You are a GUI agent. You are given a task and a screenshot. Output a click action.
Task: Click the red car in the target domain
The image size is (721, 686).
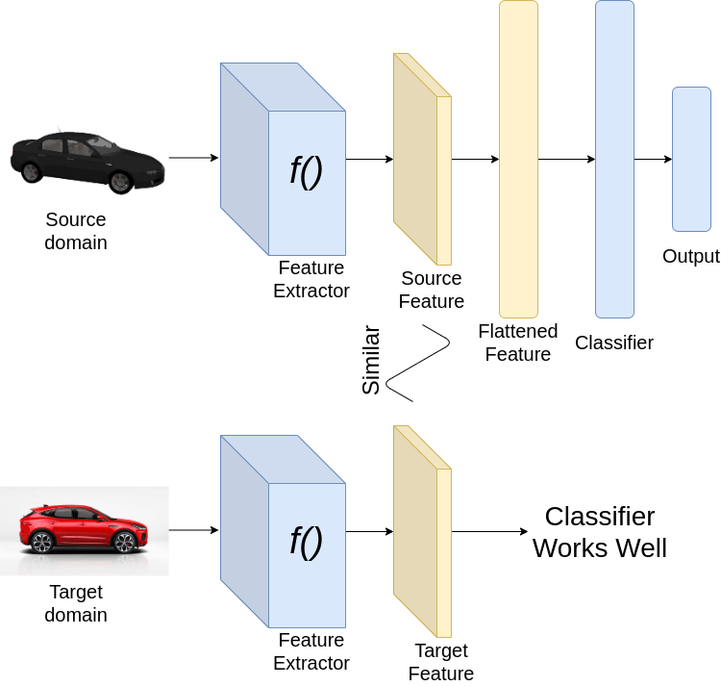pyautogui.click(x=83, y=528)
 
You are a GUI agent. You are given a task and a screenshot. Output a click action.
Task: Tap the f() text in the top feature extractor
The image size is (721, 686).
pyautogui.click(x=306, y=170)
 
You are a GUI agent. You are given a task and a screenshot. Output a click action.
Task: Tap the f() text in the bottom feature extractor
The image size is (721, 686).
pyautogui.click(x=306, y=543)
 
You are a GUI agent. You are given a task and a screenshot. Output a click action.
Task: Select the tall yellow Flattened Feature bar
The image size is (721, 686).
pyautogui.click(x=518, y=159)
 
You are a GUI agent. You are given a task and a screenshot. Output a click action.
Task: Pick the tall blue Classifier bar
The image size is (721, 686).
pyautogui.click(x=614, y=159)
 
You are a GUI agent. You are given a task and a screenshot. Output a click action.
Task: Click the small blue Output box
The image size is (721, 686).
pyautogui.click(x=691, y=159)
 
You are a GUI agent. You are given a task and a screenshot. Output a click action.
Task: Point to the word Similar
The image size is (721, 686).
pyautogui.click(x=371, y=361)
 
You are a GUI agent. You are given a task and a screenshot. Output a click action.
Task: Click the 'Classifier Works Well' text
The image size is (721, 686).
pyautogui.click(x=599, y=532)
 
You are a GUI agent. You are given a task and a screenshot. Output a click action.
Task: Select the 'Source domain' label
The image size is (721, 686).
pyautogui.click(x=76, y=231)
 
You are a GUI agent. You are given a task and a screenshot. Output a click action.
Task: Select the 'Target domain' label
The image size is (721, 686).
pyautogui.click(x=76, y=603)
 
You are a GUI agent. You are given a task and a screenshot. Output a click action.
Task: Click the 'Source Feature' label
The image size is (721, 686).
pyautogui.click(x=432, y=290)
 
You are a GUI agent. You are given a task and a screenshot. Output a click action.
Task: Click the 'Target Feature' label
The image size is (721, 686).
pyautogui.click(x=441, y=661)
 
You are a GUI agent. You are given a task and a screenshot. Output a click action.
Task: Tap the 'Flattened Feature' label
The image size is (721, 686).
pyautogui.click(x=518, y=343)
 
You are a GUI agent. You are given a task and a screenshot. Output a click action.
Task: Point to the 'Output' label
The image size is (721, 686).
pyautogui.click(x=690, y=256)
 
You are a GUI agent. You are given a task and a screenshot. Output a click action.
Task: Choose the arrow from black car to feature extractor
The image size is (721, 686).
pyautogui.click(x=193, y=158)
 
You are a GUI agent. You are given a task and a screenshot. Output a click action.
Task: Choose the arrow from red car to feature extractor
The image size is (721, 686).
pyautogui.click(x=193, y=530)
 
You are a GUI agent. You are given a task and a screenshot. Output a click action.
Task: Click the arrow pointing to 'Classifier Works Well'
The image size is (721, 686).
pyautogui.click(x=489, y=531)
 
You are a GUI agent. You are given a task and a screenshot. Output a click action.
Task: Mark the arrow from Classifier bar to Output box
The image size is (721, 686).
pyautogui.click(x=653, y=159)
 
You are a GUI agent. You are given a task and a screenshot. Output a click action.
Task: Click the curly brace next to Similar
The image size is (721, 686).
pyautogui.click(x=418, y=362)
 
